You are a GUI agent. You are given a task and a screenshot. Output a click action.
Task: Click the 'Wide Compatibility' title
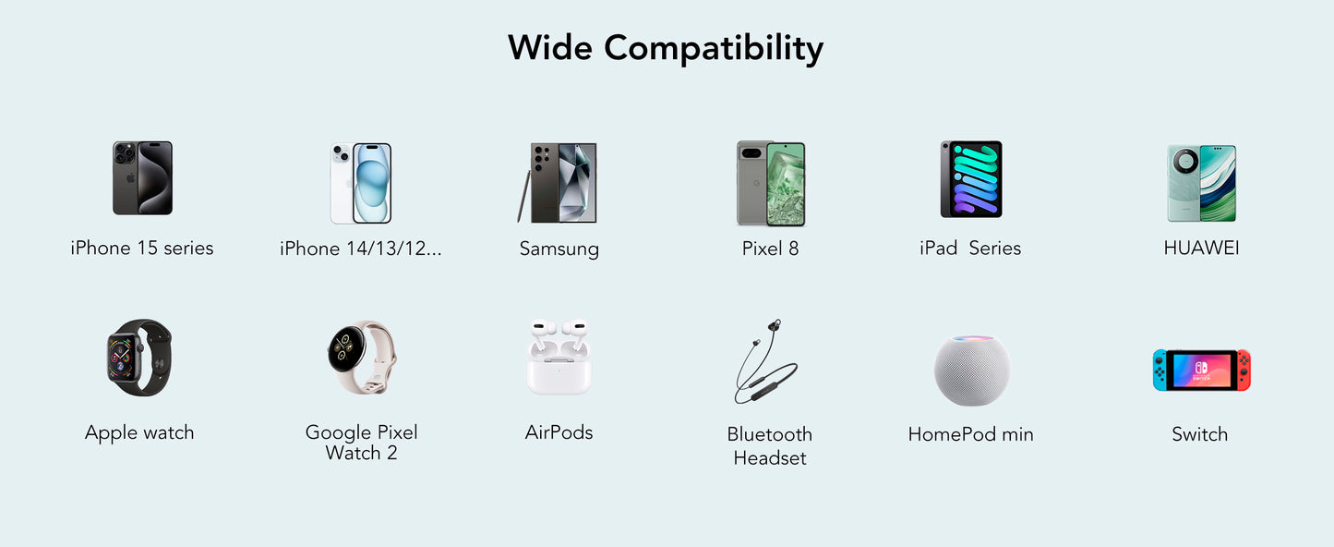(666, 48)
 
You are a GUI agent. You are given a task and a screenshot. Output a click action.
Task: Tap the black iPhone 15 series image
(142, 178)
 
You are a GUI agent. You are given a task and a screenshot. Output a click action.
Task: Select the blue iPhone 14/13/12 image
(361, 183)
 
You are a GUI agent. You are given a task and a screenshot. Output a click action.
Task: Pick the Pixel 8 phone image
(771, 183)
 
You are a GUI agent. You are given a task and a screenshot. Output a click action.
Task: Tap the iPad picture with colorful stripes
(971, 179)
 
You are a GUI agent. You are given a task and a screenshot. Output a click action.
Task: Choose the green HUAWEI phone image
(1201, 183)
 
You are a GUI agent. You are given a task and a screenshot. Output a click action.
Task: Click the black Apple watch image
(138, 358)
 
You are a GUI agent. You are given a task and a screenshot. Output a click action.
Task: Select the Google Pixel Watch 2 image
(361, 358)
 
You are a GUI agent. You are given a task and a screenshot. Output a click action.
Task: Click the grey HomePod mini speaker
(971, 370)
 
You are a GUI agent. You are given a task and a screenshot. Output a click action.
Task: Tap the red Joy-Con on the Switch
(1244, 370)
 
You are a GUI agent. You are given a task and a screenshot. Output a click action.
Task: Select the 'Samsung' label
(559, 249)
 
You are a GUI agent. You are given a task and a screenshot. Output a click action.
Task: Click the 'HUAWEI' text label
(1201, 248)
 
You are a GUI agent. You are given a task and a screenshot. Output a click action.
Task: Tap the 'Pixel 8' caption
(770, 248)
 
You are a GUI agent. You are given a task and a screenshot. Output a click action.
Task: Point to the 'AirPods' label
(559, 432)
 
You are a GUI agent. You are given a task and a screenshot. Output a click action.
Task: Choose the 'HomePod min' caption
(970, 434)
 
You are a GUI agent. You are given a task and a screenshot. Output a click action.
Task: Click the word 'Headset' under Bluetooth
(770, 458)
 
